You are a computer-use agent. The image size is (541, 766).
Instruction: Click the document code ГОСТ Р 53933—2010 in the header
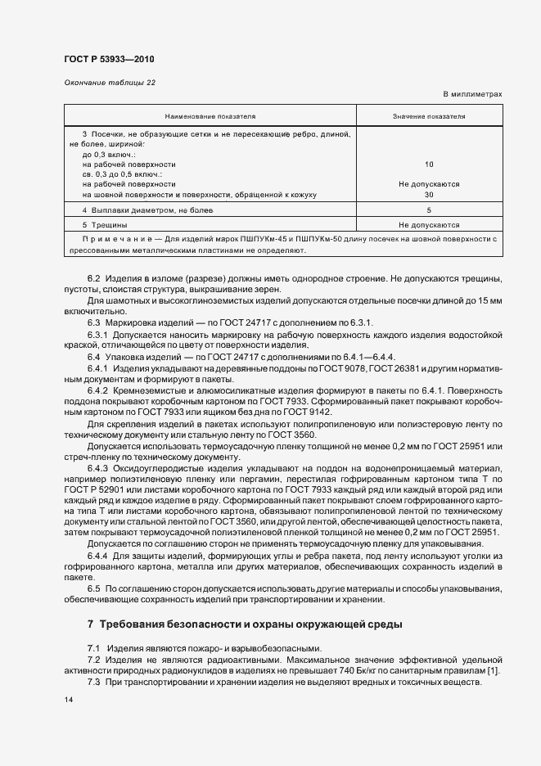coord(108,60)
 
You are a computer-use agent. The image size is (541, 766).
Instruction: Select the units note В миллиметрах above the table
coord(472,95)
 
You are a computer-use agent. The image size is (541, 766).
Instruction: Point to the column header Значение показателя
coord(429,116)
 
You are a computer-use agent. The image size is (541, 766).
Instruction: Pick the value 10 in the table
coord(429,164)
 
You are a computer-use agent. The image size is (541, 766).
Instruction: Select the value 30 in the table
coord(429,195)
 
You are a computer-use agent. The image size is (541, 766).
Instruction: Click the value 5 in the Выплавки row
coord(429,210)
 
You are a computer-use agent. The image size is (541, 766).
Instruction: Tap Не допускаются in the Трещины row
coord(429,224)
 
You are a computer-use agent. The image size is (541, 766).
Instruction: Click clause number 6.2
coord(93,281)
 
